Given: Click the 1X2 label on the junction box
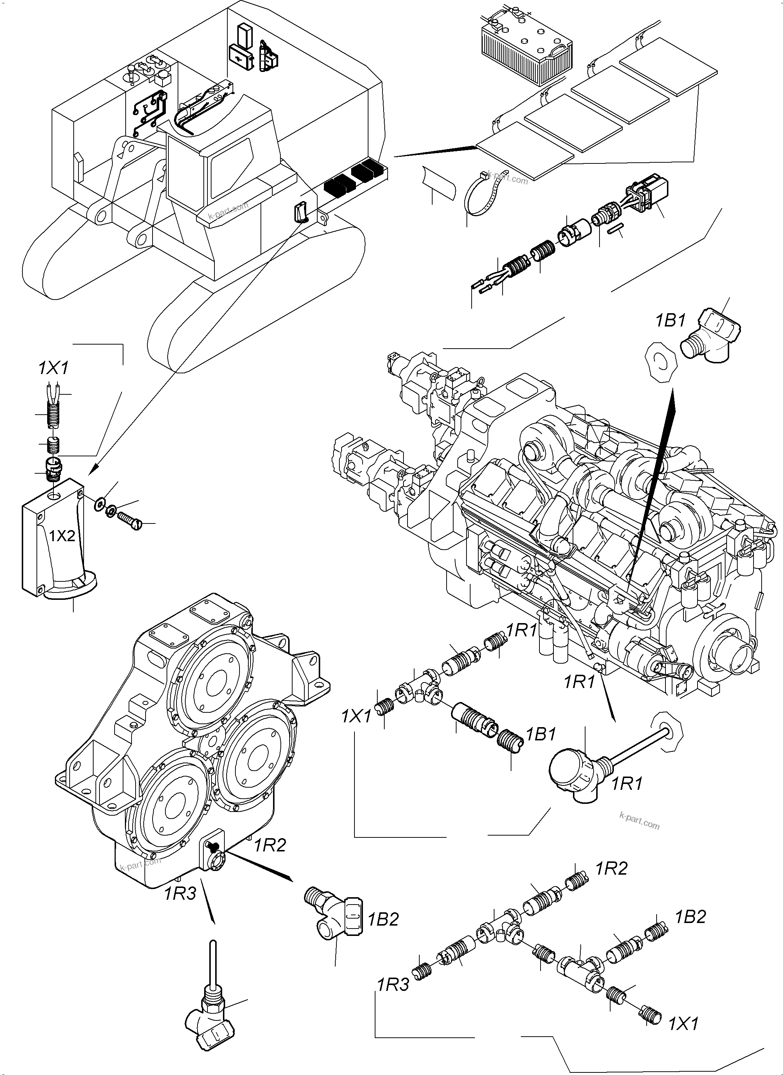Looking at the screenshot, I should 62,536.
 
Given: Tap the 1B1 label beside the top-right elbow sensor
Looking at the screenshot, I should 670,321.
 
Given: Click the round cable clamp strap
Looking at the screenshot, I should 483,194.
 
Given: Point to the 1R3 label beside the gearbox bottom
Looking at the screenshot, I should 180,893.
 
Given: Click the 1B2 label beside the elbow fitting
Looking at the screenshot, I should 384,919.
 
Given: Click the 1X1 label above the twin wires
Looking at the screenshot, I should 53,368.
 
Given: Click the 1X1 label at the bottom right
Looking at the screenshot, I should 683,1024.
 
